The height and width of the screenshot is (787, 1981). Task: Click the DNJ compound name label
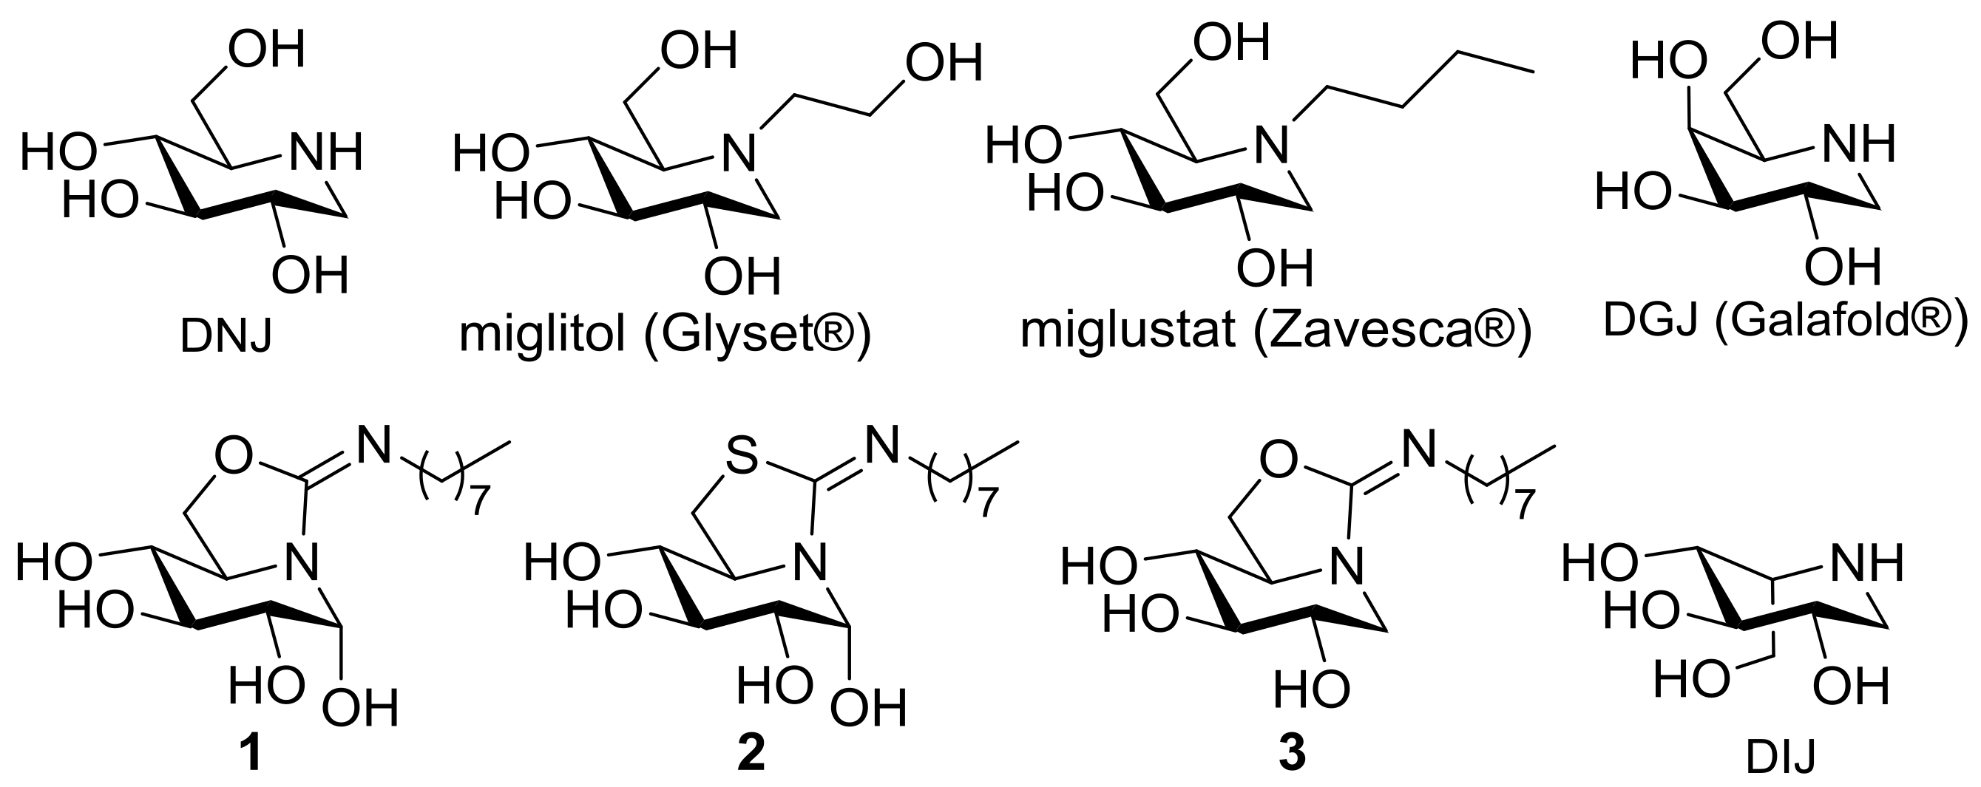(226, 337)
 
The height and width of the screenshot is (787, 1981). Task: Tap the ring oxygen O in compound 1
(233, 457)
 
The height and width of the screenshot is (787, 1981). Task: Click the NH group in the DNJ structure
(324, 152)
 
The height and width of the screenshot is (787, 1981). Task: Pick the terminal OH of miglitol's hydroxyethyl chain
(944, 62)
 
